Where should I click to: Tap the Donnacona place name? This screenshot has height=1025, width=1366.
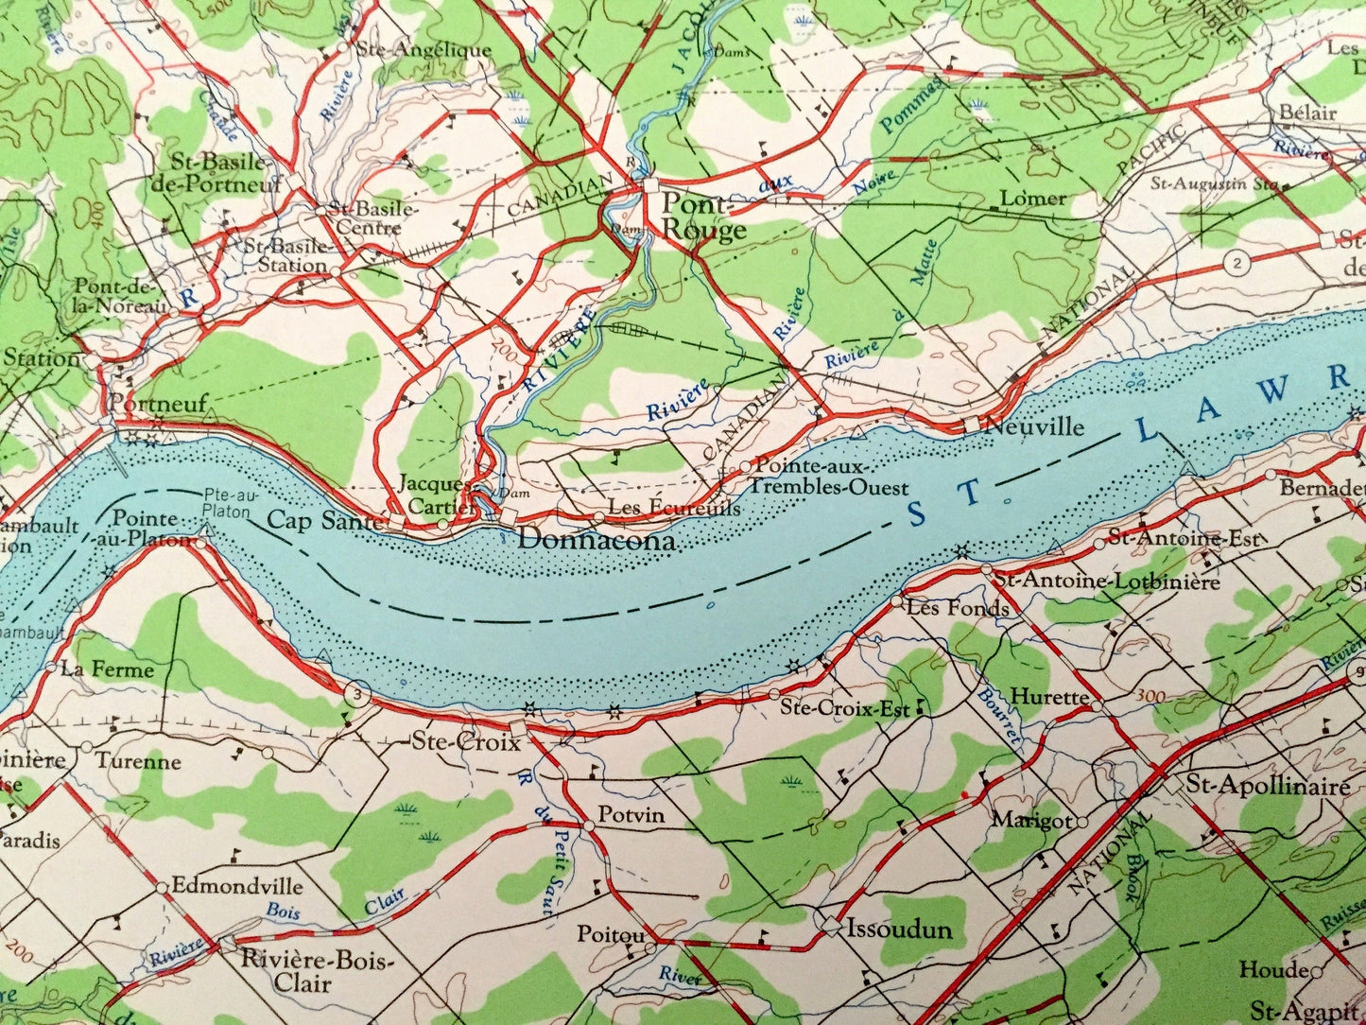tap(597, 541)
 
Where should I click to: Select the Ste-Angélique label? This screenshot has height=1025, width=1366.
tap(422, 50)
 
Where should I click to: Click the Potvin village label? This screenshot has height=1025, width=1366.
tap(631, 815)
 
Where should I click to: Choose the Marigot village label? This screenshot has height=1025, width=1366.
tap(1031, 821)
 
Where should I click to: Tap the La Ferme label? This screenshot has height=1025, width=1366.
tap(107, 669)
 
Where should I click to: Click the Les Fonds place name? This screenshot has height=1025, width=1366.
tap(957, 608)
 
